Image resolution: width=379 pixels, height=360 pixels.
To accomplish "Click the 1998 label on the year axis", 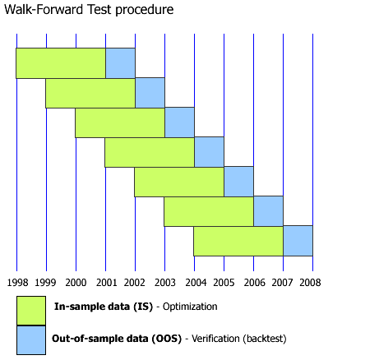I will [x=16, y=281].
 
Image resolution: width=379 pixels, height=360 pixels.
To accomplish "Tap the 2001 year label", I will [x=105, y=281].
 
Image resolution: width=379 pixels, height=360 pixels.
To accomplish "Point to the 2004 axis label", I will [x=194, y=281].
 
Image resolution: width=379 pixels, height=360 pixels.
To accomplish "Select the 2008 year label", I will [x=311, y=281].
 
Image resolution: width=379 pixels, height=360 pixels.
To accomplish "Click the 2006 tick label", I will [x=253, y=281].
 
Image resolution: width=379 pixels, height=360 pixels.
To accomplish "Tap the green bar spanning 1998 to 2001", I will [x=61, y=63].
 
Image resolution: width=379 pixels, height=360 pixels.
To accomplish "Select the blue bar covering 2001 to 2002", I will [x=120, y=63].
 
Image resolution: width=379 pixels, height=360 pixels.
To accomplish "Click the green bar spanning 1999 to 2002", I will [x=90, y=93].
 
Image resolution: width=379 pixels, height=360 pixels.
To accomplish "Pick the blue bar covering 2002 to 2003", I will [x=150, y=93].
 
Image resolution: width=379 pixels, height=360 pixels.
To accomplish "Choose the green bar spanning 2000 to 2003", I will [x=120, y=122].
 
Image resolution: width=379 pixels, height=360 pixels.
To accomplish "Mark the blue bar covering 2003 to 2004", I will [x=179, y=122].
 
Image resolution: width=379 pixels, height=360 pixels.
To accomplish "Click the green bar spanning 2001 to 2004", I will [x=150, y=152].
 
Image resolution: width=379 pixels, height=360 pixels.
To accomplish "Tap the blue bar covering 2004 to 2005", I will [x=209, y=152].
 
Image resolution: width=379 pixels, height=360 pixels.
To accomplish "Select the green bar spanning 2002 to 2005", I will [x=179, y=182].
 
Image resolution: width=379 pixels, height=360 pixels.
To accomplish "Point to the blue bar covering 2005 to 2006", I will [x=238, y=182].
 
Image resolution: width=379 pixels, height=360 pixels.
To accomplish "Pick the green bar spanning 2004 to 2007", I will [x=238, y=241].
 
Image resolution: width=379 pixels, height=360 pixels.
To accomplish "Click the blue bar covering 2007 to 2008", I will [x=298, y=241].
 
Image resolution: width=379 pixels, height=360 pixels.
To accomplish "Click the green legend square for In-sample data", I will [x=31, y=310].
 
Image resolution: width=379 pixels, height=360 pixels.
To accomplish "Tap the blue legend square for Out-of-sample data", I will [x=31, y=339].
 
